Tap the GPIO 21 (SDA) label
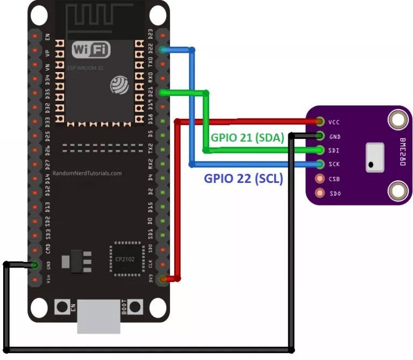pos(247,137)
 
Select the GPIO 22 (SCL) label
pos(243,179)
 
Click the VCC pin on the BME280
pos(321,122)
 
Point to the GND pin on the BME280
pos(321,136)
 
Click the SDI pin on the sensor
pos(321,150)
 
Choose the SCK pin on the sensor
pos(321,164)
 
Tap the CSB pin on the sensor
pos(321,178)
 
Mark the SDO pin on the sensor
pos(321,192)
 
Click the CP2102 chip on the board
pos(127,259)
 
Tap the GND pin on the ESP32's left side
pos(35,265)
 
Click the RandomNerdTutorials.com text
pos(87,174)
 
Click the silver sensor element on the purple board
pos(375,157)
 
